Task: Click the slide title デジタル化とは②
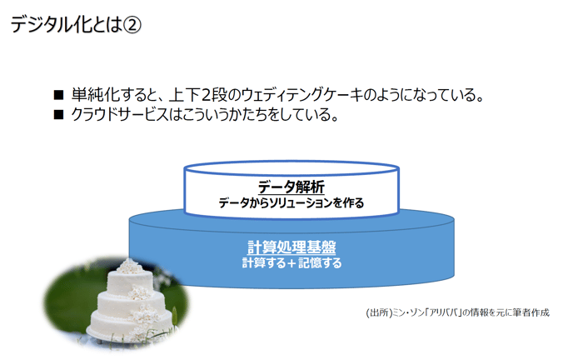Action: [x=76, y=25]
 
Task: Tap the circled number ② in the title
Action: [x=132, y=25]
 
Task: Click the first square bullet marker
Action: [x=59, y=95]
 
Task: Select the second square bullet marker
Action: [x=59, y=114]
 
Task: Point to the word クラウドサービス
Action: [x=120, y=114]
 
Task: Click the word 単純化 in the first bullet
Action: [x=96, y=95]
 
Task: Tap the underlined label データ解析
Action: [x=291, y=187]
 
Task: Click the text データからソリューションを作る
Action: [x=291, y=203]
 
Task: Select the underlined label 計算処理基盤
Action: [x=291, y=247]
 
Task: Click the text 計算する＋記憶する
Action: [x=291, y=263]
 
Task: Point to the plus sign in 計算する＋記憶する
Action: [x=291, y=263]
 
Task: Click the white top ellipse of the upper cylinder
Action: [x=291, y=167]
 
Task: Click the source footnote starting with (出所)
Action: [x=457, y=312]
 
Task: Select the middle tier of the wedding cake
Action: [x=131, y=302]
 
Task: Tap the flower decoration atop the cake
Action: [x=130, y=266]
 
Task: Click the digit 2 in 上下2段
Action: [x=206, y=95]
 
